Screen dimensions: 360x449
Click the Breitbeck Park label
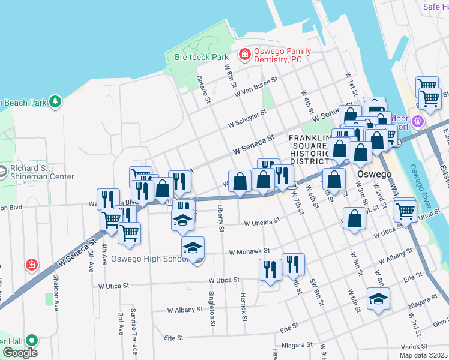pos(202,57)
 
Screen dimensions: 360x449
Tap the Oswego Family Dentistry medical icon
pos(244,55)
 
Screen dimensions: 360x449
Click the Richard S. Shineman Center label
pos(42,172)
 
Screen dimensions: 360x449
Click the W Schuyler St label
pos(247,119)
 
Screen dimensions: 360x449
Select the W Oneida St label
pos(262,221)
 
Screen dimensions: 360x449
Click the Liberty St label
pos(221,220)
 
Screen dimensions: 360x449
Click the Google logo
pos(20,353)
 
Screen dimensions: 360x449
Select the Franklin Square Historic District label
pos(310,149)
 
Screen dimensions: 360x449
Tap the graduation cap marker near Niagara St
pos(378,299)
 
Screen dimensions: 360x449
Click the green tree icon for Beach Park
pos(55,101)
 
